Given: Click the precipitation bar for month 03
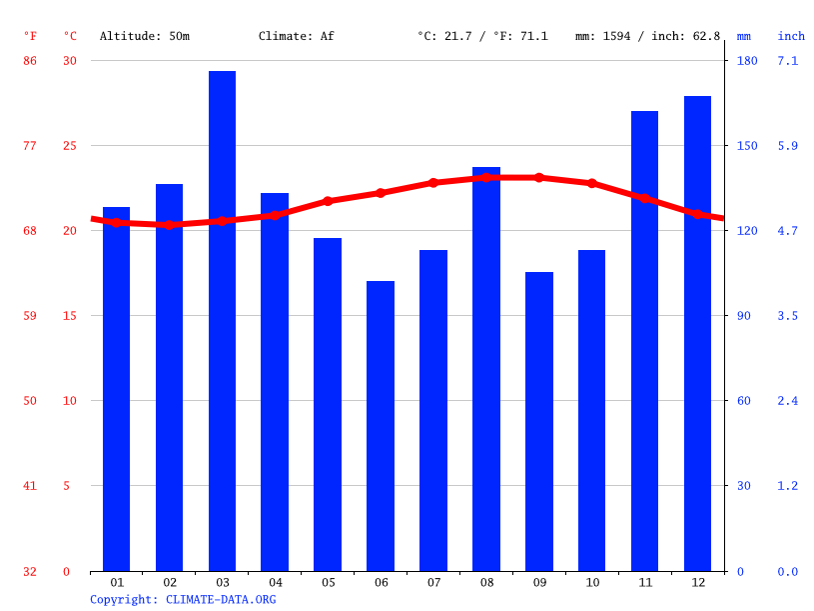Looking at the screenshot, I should click(222, 320).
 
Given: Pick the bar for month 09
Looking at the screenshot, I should click(539, 421).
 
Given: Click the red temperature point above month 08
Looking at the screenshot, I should click(486, 177).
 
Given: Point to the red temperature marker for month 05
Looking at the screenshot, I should click(328, 201).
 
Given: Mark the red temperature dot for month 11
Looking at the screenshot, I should click(645, 198).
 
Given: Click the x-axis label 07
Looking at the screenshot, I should click(433, 582).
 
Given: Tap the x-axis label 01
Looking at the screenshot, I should click(117, 582).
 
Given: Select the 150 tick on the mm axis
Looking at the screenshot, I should click(747, 146).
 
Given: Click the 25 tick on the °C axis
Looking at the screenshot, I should click(70, 146).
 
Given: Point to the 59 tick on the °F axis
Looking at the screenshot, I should click(30, 316).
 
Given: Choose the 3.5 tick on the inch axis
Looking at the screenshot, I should click(788, 316).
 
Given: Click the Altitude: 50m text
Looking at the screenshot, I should click(144, 36).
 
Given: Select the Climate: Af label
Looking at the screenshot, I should click(297, 36).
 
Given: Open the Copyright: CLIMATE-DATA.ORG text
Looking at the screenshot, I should click(183, 599).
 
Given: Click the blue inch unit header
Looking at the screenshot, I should click(791, 36).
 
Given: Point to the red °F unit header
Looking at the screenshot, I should click(30, 36).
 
